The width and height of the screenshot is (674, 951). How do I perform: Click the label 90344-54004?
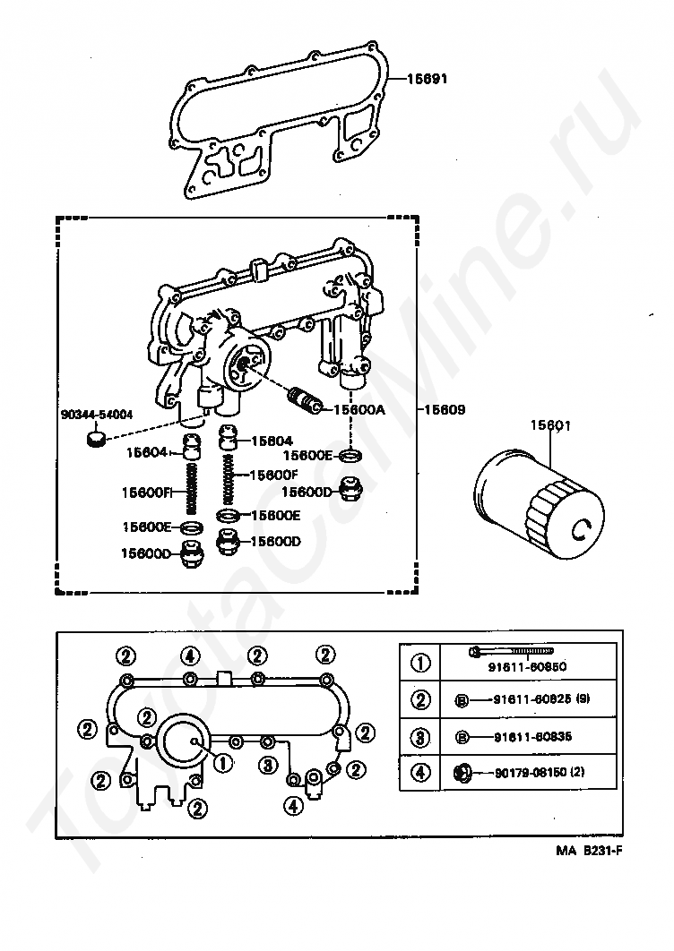pos(97,415)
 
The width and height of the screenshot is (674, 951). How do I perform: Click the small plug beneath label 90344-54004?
pos(94,438)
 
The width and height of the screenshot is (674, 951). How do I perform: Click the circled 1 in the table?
pos(420,664)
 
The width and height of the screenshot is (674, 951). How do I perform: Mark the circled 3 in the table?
pos(420,736)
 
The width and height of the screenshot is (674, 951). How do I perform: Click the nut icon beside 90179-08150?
pos(462,771)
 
